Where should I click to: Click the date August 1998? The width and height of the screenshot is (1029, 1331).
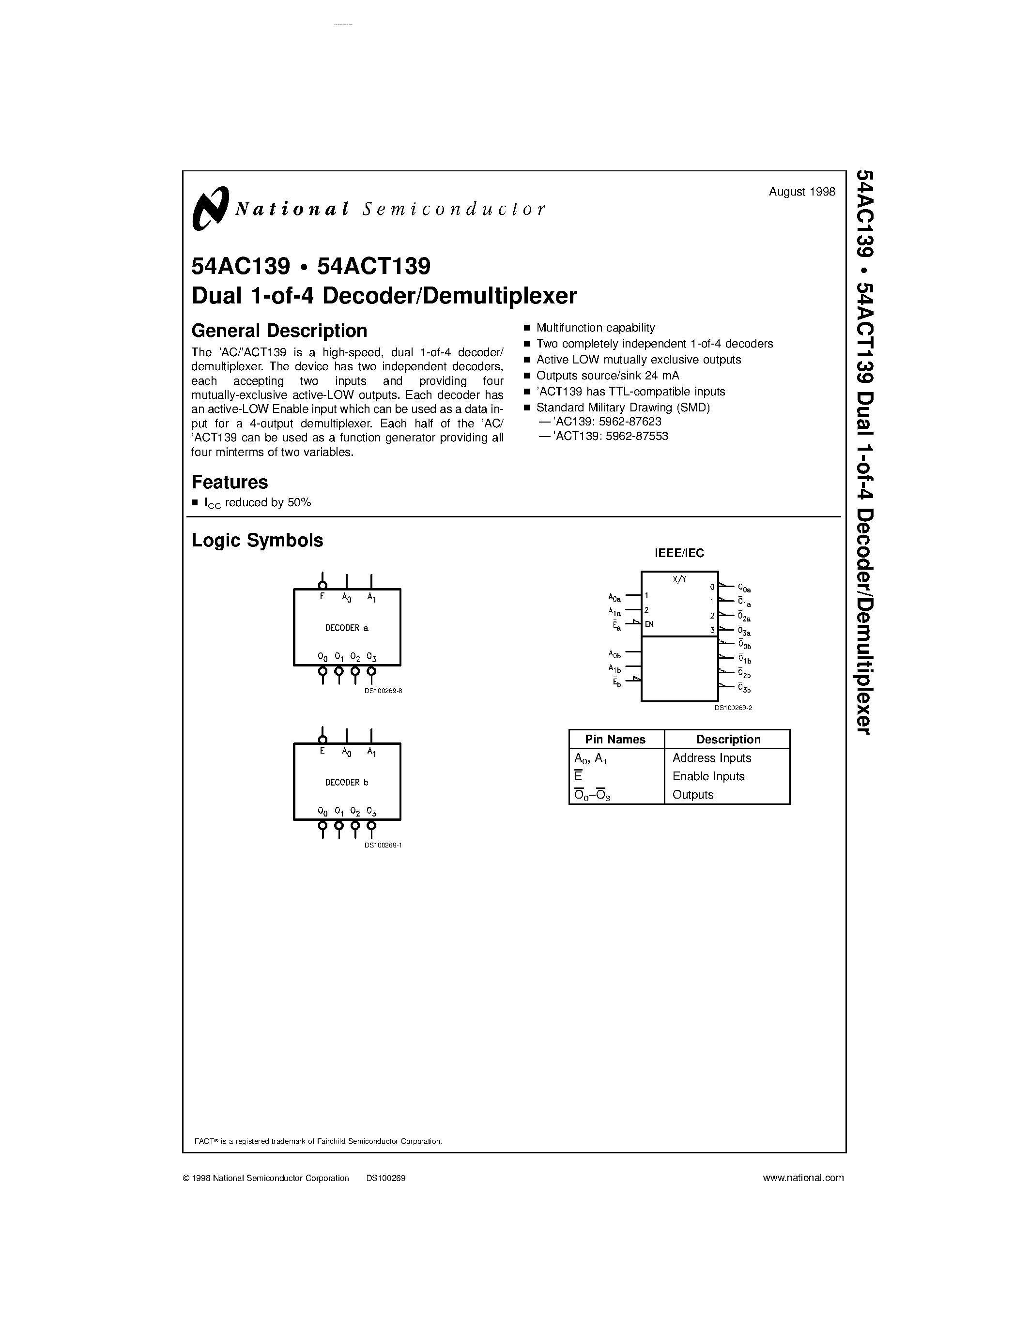[x=801, y=191]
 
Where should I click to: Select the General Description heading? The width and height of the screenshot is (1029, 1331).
[x=279, y=330]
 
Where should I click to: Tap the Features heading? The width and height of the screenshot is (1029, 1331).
[x=230, y=482]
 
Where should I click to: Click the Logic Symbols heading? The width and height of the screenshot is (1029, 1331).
[x=257, y=540]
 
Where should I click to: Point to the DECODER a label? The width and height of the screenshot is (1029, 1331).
[x=346, y=628]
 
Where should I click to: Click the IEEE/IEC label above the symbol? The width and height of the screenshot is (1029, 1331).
[x=679, y=553]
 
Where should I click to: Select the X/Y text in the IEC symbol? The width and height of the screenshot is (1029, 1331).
[x=679, y=579]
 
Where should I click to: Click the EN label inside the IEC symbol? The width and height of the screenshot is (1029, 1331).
[x=649, y=624]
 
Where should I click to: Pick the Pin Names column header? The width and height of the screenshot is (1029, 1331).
[x=615, y=739]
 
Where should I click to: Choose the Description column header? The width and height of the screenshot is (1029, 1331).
[x=728, y=739]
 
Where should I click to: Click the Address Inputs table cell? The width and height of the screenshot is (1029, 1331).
[x=711, y=757]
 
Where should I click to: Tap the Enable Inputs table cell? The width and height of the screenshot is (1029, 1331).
[x=708, y=776]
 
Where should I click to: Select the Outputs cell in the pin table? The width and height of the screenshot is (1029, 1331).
[x=692, y=795]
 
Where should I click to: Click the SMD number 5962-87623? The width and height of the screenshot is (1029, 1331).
[x=633, y=421]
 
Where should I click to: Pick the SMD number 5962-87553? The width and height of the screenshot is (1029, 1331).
[x=637, y=436]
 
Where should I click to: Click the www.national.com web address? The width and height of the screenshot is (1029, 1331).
[x=803, y=1178]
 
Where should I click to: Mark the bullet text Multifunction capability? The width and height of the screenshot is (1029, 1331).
[x=595, y=327]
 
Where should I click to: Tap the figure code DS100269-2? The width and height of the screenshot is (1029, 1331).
[x=733, y=708]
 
